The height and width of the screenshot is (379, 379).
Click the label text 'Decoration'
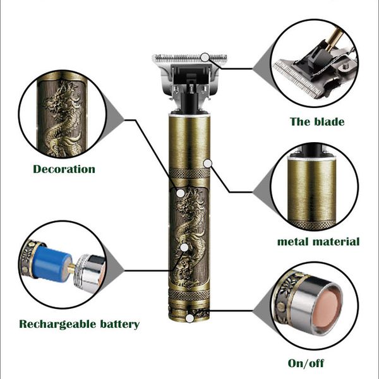pyautogui.click(x=64, y=169)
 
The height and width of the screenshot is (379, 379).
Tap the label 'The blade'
pyautogui.click(x=316, y=121)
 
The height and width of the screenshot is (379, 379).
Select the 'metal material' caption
pyautogui.click(x=318, y=241)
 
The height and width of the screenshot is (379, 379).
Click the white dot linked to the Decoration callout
pyautogui.click(x=181, y=193)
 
